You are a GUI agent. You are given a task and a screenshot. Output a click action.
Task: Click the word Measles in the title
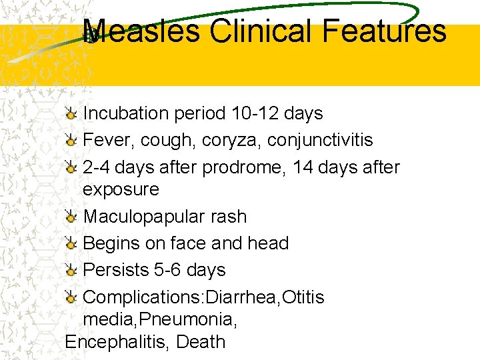(x=141, y=31)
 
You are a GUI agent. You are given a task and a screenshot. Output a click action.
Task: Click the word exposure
(x=121, y=189)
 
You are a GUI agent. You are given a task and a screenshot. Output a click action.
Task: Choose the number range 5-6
(x=171, y=270)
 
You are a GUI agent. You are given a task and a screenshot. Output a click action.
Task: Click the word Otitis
(x=303, y=297)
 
